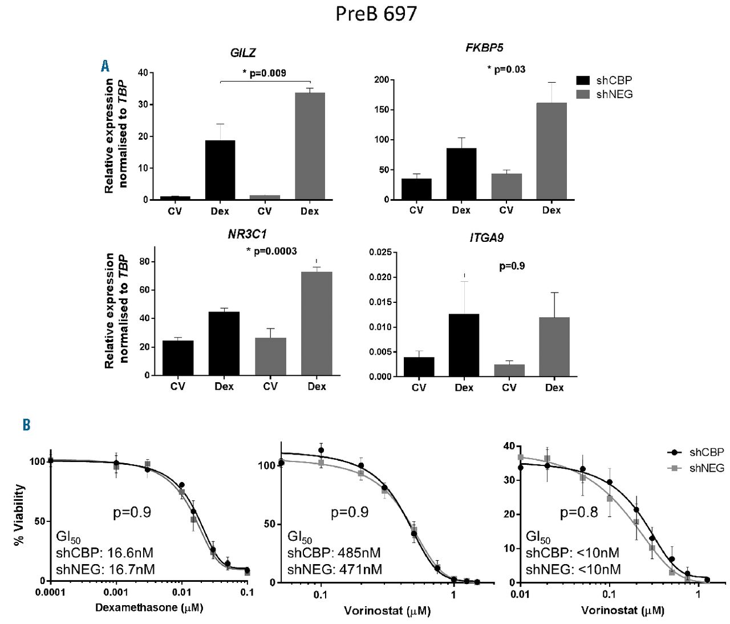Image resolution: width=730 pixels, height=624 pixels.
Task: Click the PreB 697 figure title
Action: coord(376,14)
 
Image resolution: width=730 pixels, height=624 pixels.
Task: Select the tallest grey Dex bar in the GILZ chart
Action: coord(310,146)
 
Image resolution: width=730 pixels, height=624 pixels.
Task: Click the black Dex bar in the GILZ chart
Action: coord(220,170)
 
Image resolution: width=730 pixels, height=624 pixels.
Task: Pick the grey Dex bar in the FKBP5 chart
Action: coord(551,151)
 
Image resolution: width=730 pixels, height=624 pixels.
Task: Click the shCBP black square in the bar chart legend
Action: coord(584,80)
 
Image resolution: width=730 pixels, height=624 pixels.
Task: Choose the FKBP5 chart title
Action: coord(484,47)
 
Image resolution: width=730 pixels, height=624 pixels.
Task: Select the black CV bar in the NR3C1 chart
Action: coord(178,358)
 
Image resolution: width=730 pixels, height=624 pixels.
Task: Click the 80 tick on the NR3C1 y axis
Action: coord(144,262)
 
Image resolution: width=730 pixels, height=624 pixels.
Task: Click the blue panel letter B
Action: coord(26,425)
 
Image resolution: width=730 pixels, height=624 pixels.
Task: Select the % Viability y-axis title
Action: coord(20,514)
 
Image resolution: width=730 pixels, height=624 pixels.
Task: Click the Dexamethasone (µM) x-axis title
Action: coord(149,608)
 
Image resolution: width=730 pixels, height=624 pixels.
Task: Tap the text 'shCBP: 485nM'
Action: coord(334,553)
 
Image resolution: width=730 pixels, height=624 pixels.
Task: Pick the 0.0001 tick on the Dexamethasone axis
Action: coord(50,592)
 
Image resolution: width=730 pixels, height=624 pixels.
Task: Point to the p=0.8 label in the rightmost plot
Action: coord(579,512)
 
